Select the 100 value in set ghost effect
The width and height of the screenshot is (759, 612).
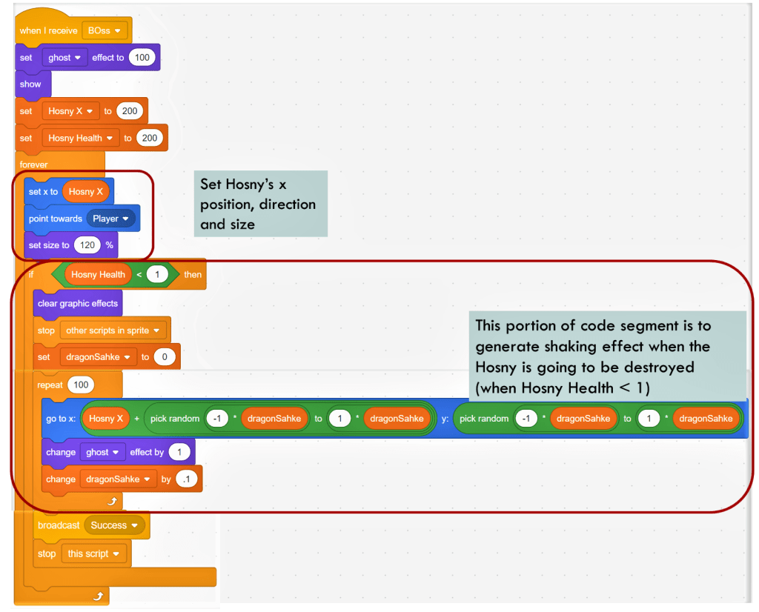tap(142, 57)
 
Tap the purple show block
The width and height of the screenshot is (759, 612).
tap(30, 84)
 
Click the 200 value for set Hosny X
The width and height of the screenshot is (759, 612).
tap(130, 111)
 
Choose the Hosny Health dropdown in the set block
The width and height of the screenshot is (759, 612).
tap(80, 138)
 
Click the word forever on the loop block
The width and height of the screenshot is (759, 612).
tap(33, 164)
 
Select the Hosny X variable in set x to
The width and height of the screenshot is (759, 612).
tap(87, 191)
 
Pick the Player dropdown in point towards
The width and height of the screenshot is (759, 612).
tap(110, 219)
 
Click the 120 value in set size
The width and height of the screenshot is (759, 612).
tap(87, 245)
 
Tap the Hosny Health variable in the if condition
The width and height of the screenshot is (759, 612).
tap(98, 274)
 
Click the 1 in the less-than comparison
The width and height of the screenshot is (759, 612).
tap(157, 274)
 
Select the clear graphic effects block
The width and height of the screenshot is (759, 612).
tap(78, 303)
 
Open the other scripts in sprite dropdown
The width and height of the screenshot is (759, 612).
tap(113, 330)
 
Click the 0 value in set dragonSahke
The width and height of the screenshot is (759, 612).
tap(165, 357)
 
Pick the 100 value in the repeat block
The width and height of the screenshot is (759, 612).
tap(80, 385)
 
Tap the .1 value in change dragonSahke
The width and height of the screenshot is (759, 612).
tap(187, 479)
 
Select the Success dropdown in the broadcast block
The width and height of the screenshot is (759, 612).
tap(113, 525)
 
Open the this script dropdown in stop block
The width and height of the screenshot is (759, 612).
tap(92, 553)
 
